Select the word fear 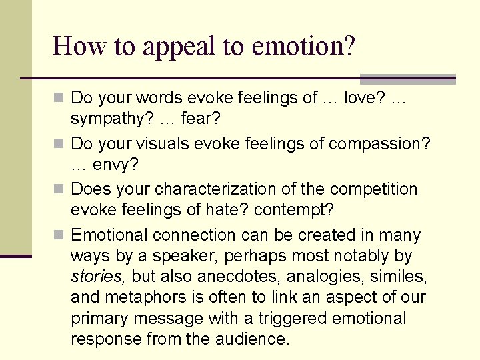coord(201,119)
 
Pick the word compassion coord(379,144)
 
